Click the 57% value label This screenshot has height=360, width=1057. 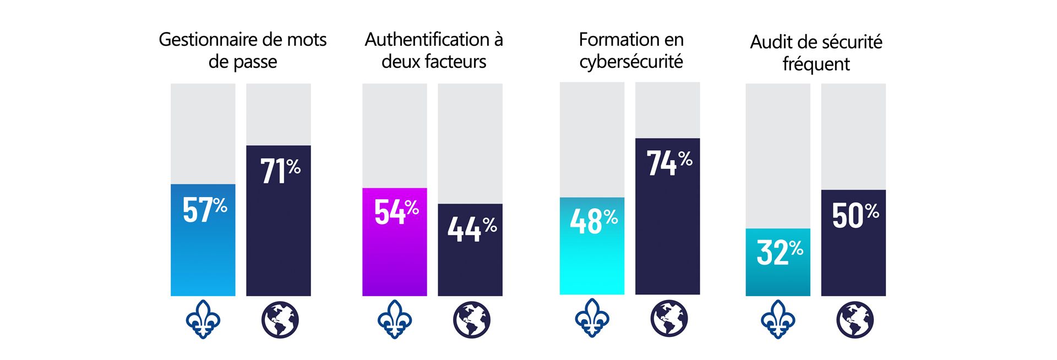point(204,210)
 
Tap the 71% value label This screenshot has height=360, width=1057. point(280,171)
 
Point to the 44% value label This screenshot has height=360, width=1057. point(471,228)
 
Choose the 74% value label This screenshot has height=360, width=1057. point(668,163)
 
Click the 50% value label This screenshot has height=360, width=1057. point(854,215)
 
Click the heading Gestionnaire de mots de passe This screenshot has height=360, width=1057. point(242,50)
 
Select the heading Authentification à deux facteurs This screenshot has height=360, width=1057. point(434,50)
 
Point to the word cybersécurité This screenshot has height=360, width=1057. point(631,62)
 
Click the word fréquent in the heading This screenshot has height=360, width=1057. point(816,64)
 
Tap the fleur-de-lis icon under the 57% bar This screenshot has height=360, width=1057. point(203,319)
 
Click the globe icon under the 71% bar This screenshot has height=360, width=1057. point(280,320)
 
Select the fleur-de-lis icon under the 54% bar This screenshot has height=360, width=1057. point(395,319)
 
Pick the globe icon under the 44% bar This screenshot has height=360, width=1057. point(471,320)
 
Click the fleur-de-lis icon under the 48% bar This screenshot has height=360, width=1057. point(592,318)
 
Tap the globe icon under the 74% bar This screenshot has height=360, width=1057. point(668,318)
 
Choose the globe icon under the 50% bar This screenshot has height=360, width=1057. point(854,320)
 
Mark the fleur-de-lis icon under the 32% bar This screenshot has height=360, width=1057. point(777,319)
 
